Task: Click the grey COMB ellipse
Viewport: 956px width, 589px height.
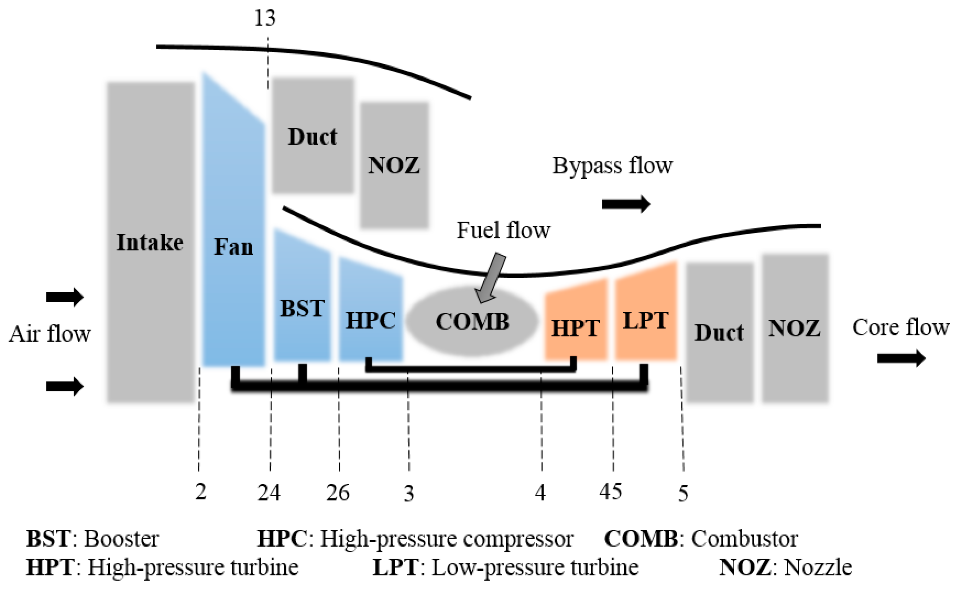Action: pyautogui.click(x=472, y=322)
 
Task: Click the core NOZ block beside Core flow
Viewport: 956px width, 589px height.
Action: pyautogui.click(x=795, y=328)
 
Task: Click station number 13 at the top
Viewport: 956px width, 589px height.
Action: pyautogui.click(x=265, y=18)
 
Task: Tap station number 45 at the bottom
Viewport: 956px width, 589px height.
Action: pyautogui.click(x=610, y=491)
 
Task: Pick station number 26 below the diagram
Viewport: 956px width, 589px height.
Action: pyautogui.click(x=338, y=493)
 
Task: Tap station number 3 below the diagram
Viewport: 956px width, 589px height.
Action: pyautogui.click(x=408, y=494)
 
